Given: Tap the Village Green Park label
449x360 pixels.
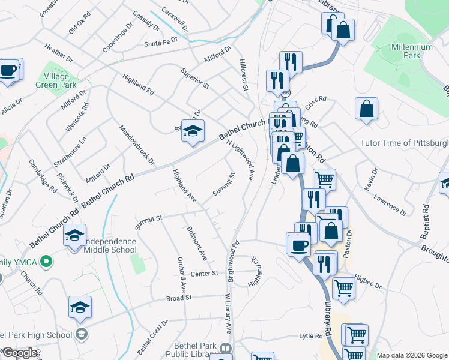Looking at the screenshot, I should [60, 81].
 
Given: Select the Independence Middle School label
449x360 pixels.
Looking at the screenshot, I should [109, 245].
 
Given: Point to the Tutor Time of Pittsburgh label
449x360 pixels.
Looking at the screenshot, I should [404, 143].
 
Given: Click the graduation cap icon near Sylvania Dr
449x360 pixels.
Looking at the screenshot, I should [193, 132].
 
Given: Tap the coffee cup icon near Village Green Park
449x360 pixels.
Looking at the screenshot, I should [8, 71].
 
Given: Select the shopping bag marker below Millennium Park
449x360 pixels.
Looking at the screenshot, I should [366, 110].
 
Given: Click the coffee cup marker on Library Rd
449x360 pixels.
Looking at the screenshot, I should [299, 245].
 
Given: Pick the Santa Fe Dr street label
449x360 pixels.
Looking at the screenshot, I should [162, 44].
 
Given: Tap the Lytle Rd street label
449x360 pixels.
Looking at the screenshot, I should [311, 337].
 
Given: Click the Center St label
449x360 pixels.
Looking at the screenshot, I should [203, 274].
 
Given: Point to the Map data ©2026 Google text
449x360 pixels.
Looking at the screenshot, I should [412, 355].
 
